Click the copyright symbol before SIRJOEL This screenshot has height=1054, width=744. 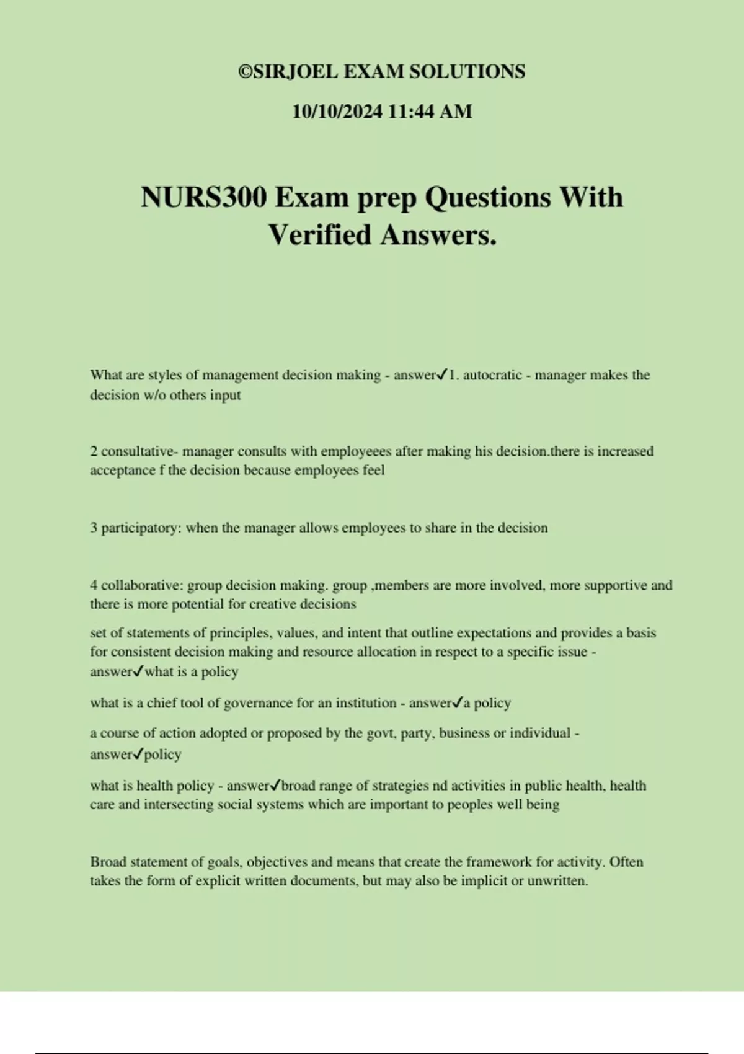246,72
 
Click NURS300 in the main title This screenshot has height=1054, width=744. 204,198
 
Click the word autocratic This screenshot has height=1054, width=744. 492,375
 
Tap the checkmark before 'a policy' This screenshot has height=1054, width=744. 458,702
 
